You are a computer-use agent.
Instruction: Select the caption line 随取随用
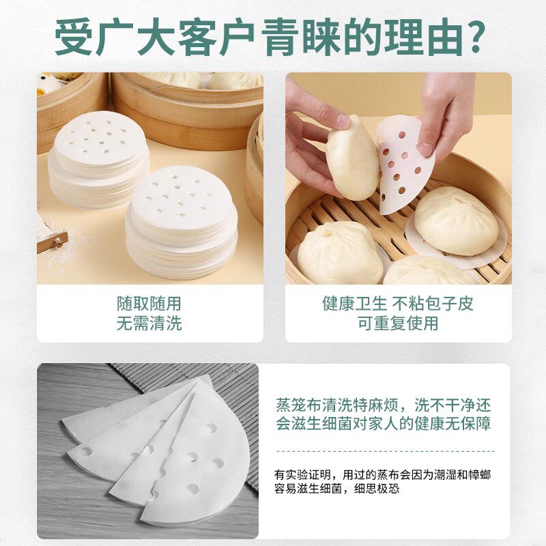tap(149, 303)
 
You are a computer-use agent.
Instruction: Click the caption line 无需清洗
tap(149, 324)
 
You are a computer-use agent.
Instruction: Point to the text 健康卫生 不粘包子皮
tap(398, 303)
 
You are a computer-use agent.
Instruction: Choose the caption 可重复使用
tap(398, 324)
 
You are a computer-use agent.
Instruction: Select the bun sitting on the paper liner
tap(455, 222)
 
